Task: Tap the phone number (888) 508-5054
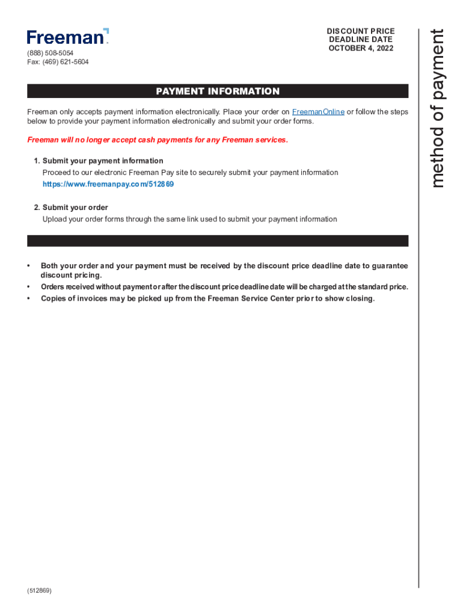[x=51, y=53]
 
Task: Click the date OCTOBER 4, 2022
[x=361, y=48]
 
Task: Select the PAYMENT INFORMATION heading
[x=218, y=91]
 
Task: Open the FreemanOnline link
[x=318, y=112]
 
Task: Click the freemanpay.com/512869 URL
[x=108, y=184]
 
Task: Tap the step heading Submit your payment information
[x=103, y=161]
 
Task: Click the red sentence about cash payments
[x=158, y=140]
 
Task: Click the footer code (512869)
[x=40, y=591]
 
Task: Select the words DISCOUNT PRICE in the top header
[x=361, y=31]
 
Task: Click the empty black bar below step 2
[x=218, y=241]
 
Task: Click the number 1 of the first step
[x=37, y=161]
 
